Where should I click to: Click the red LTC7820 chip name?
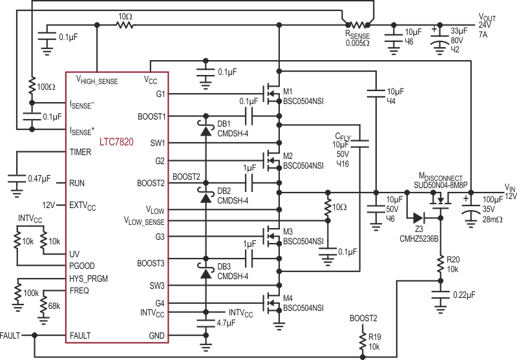[116, 142]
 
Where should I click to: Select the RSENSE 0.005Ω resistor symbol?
[358, 25]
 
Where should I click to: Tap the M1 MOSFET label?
[288, 91]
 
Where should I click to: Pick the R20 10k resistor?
[440, 264]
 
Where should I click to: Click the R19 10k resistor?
[363, 342]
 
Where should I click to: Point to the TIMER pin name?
[80, 152]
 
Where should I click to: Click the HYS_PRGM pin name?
[89, 279]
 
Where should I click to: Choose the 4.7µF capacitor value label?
[226, 323]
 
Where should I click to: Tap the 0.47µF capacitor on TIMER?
[17, 179]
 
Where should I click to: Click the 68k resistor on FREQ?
[43, 306]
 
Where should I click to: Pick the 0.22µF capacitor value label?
[464, 295]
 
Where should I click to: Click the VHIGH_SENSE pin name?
[97, 79]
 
